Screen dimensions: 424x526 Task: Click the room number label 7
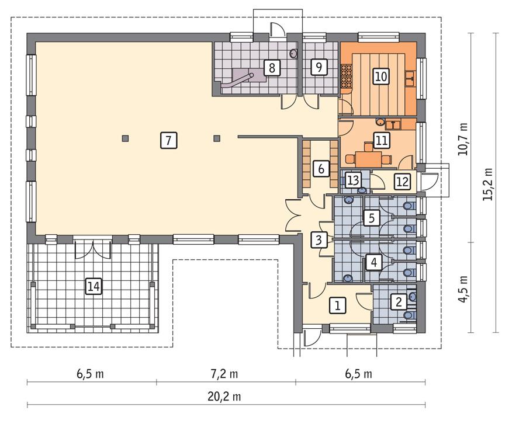(x=167, y=140)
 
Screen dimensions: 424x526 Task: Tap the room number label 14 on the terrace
(x=93, y=286)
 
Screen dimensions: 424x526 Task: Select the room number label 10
(x=380, y=75)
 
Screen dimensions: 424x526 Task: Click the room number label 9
(x=318, y=68)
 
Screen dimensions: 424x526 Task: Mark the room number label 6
(x=320, y=169)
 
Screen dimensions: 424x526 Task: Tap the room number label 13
(x=352, y=179)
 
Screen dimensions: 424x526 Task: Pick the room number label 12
(x=401, y=182)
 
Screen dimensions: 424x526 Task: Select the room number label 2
(x=399, y=302)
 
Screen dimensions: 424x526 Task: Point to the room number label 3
(x=318, y=239)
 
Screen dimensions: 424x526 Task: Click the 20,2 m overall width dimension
(x=225, y=397)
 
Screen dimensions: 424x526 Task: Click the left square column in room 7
(x=125, y=138)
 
